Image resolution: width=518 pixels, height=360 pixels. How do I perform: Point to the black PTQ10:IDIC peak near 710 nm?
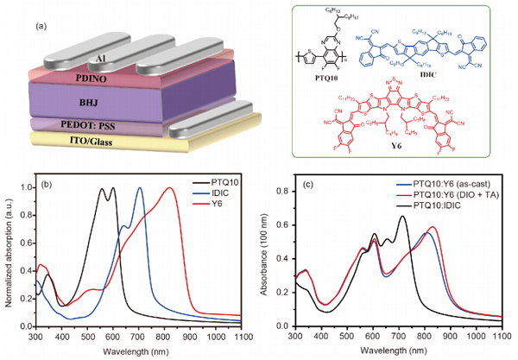pos(402,217)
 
